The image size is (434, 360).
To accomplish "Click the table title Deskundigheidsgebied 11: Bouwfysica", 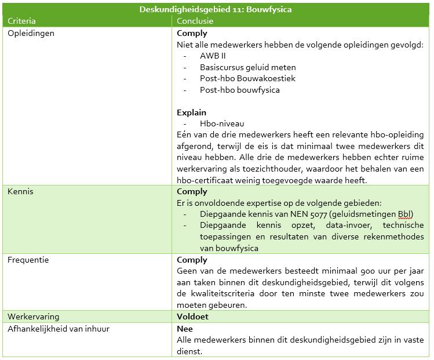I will (x=216, y=9).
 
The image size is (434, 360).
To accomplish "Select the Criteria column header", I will (x=22, y=21).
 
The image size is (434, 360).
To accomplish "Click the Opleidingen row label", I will (x=31, y=33).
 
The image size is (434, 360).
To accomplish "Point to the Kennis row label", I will (x=20, y=191).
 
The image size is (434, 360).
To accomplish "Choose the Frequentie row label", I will (x=28, y=260).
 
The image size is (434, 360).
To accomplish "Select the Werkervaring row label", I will (x=33, y=317).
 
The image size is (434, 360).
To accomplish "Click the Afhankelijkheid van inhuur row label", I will (x=59, y=329).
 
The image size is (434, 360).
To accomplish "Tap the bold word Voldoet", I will (x=192, y=317).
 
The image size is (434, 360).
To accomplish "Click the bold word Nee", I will (x=184, y=329).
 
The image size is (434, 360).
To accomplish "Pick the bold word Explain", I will (x=191, y=112).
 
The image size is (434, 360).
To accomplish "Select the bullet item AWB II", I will (x=213, y=56).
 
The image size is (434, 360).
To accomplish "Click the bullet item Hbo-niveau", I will (x=222, y=123).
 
